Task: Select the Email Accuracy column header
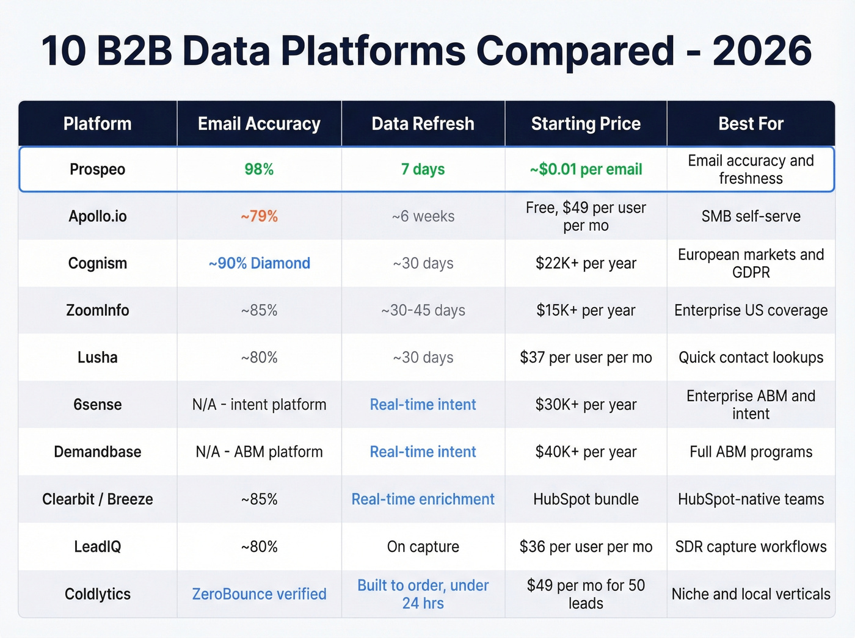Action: point(259,124)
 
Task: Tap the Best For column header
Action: point(751,124)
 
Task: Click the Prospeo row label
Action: point(98,169)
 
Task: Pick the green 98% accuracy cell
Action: point(259,169)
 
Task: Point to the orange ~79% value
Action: point(259,216)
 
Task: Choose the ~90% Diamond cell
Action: point(259,263)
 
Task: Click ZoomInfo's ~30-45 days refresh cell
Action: point(423,310)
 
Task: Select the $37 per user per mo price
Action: point(586,357)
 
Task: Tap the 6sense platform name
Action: point(98,404)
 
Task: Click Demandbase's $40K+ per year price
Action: point(586,452)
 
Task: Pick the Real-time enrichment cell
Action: point(423,499)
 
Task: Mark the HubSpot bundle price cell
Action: point(586,499)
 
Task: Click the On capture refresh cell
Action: point(423,546)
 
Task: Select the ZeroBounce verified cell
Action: point(259,594)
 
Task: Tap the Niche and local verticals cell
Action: point(751,594)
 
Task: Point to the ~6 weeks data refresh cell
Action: point(423,216)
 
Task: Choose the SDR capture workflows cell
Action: point(751,546)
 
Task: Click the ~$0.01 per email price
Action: point(586,169)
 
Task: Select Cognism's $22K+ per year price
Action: point(586,263)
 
